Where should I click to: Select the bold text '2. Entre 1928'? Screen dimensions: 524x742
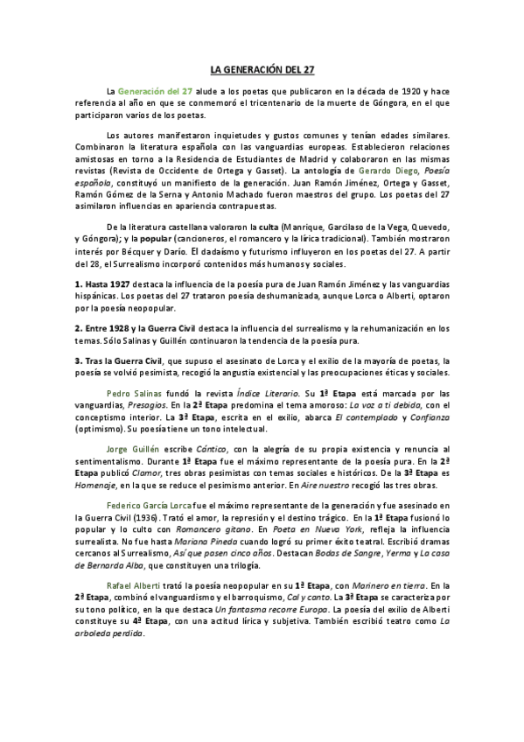104,327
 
